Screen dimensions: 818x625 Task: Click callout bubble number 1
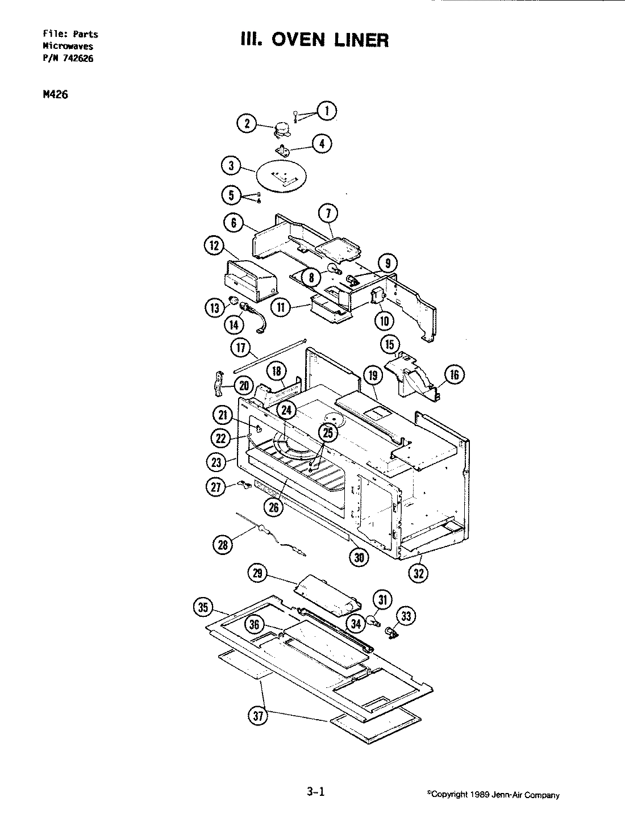(x=326, y=111)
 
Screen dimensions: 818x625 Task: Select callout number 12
(x=214, y=246)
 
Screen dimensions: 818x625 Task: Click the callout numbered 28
(x=222, y=545)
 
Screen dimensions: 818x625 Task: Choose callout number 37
(x=258, y=717)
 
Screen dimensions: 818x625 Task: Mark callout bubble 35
(x=203, y=608)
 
